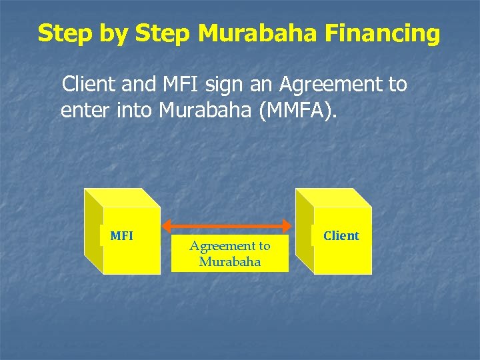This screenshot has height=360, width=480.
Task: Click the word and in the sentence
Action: tap(135, 85)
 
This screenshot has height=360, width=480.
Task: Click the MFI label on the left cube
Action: tap(121, 235)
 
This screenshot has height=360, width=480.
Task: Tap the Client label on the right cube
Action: tap(341, 235)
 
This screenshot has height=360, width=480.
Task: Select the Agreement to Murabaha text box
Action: tap(230, 253)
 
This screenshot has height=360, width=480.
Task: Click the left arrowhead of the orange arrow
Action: tap(167, 225)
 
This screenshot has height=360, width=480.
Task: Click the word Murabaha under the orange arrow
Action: tap(230, 261)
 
